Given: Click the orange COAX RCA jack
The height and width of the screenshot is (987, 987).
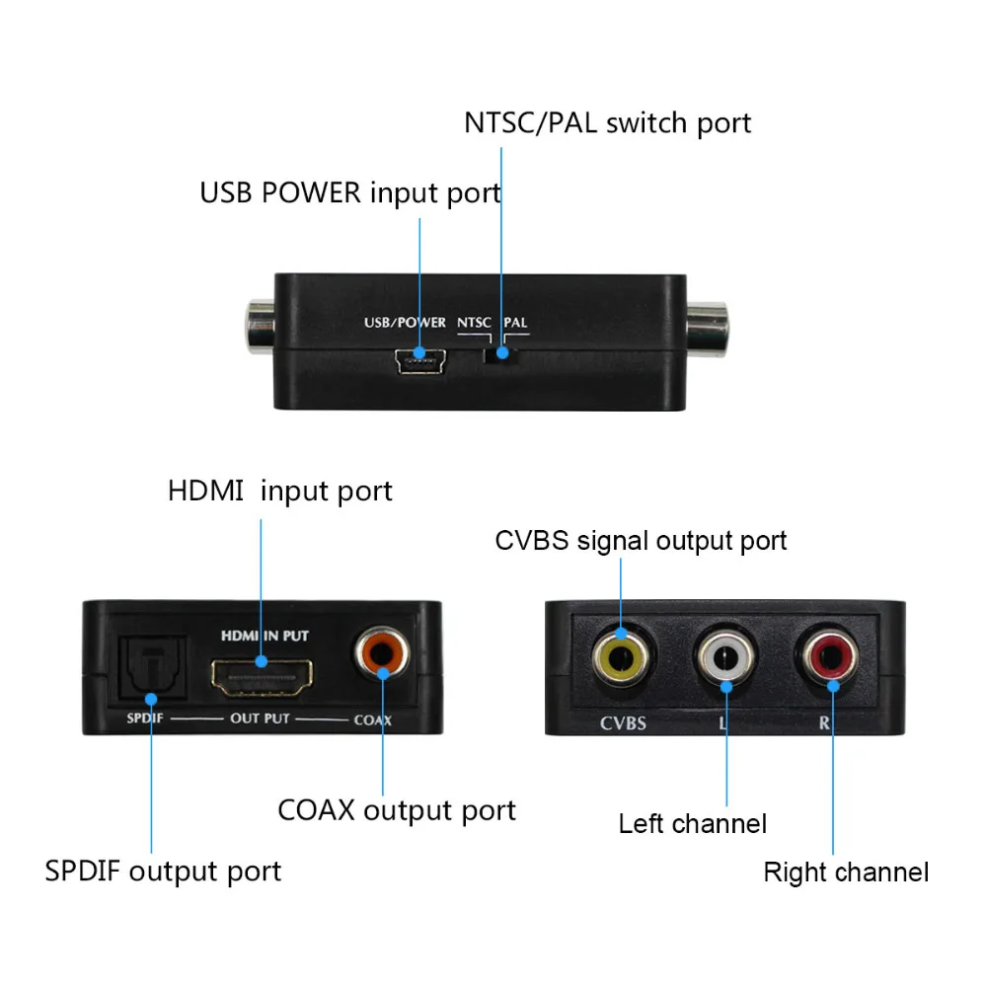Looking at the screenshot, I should coord(382,653).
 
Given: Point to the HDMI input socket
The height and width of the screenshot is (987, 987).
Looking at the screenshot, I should coord(262,676).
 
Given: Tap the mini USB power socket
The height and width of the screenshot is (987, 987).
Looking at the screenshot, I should coord(419,362).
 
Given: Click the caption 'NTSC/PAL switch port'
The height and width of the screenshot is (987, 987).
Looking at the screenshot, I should coord(607,123).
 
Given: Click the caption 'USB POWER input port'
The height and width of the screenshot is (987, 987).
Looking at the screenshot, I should coord(350,192).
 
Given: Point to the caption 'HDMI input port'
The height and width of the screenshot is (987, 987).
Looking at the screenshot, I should coord(279,492).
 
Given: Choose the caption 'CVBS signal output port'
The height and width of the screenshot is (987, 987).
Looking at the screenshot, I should coord(641,541).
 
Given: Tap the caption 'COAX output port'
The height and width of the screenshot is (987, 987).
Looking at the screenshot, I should coord(396,811).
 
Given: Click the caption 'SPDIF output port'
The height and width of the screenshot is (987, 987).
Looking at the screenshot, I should coord(163,872).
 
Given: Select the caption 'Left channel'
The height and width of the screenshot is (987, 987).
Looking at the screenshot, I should coord(692,823).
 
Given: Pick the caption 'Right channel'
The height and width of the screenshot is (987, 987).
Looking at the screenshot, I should coord(845,873).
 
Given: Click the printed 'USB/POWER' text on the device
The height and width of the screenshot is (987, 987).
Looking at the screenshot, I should coord(404,323).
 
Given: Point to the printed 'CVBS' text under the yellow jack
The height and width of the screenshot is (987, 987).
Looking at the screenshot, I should coord(623,723).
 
